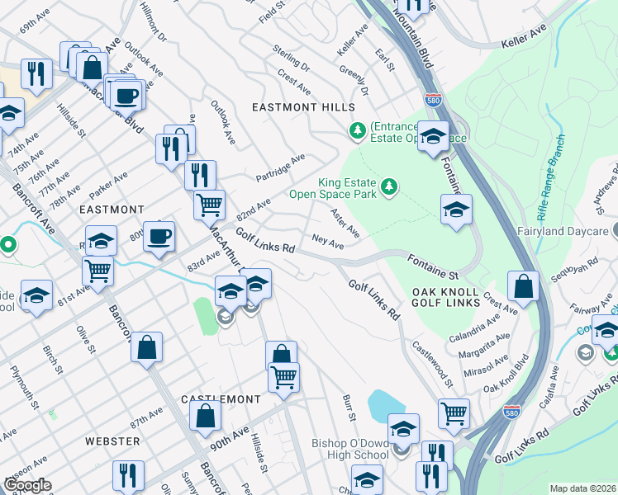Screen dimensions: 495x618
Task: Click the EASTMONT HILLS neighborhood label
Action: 303,108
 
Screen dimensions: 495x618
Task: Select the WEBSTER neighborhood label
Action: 112,441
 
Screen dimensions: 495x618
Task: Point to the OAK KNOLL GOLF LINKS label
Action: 445,297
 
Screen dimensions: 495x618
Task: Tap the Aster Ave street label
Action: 345,222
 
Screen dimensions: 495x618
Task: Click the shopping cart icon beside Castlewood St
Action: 454,413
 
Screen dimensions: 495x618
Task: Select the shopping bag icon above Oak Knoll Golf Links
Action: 523,286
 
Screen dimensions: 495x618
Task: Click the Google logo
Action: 27,485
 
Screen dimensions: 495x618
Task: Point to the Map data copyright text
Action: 582,488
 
